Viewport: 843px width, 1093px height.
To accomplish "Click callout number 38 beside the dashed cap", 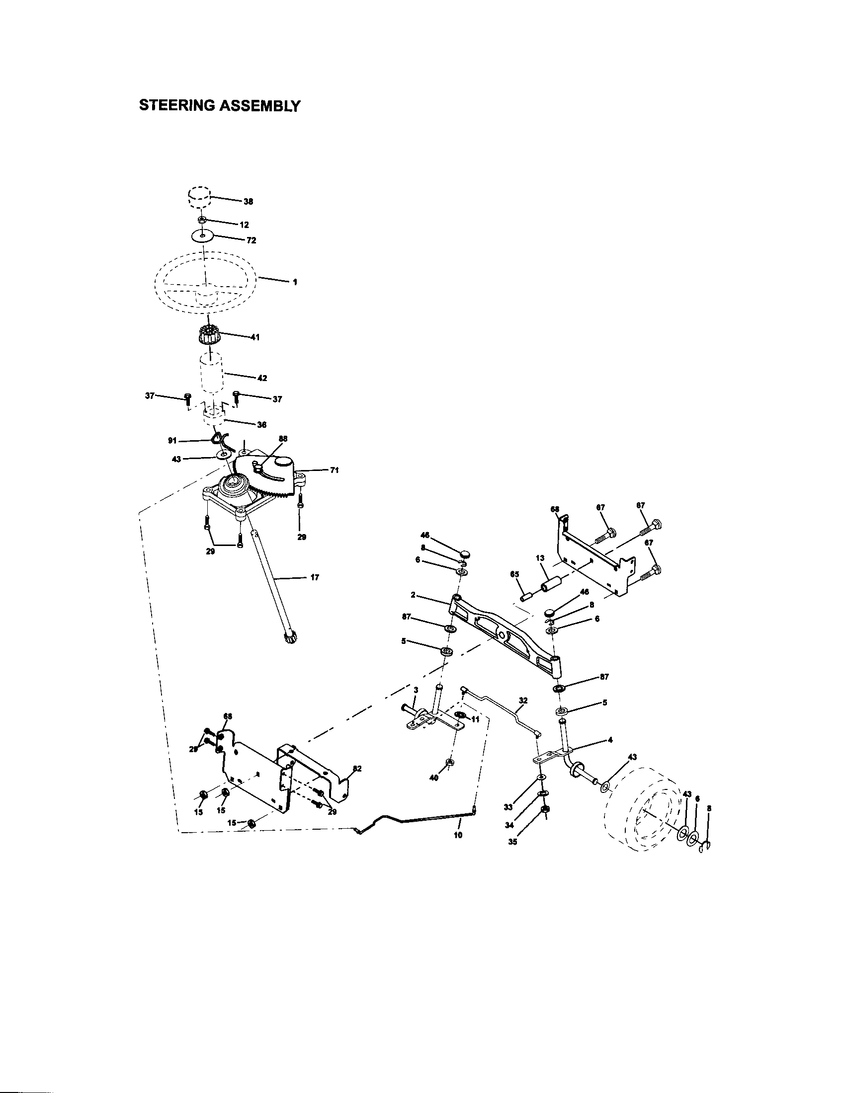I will click(249, 202).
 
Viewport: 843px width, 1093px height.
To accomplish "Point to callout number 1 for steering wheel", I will click(295, 282).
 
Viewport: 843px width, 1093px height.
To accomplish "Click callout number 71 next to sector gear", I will click(335, 470).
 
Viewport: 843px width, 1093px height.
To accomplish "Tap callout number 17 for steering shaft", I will click(314, 577).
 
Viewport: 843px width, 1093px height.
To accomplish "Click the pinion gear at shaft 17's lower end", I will click(290, 638).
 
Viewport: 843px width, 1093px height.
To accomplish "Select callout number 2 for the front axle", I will click(413, 595).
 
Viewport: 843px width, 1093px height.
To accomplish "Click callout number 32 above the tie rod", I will click(523, 701).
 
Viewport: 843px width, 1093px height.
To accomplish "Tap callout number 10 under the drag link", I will click(458, 835).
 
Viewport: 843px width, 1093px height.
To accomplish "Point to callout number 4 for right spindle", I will click(609, 740).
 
